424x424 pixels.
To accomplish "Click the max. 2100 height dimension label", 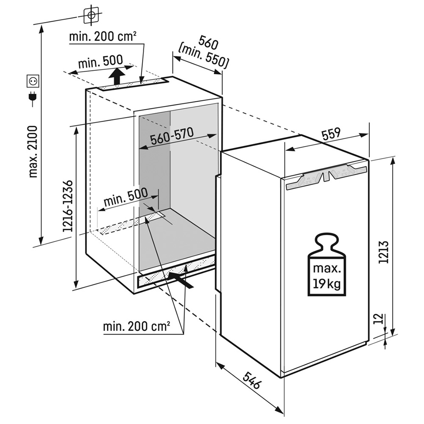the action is [33, 151].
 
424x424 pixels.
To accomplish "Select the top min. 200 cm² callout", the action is [103, 36].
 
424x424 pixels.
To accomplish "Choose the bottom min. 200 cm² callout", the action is [137, 326].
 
